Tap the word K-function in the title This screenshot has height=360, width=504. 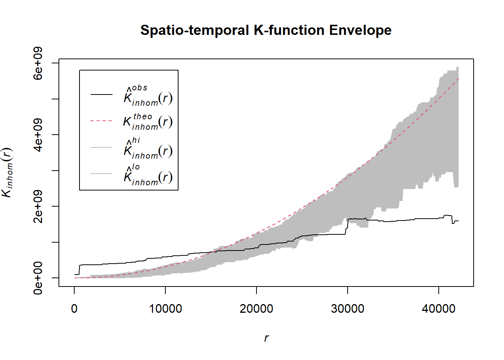pos(289,30)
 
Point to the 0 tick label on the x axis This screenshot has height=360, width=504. pos(74,309)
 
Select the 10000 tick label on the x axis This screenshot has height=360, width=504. pos(165,309)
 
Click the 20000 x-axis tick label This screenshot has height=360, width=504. pos(256,309)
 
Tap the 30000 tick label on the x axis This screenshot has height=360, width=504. pos(348,309)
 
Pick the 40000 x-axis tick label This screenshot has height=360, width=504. pos(438,309)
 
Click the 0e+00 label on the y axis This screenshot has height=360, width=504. pos(38,278)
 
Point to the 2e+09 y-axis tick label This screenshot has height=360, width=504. pos(38,206)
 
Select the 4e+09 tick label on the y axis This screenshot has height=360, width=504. pos(38,135)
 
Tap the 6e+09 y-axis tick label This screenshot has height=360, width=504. pos(38,63)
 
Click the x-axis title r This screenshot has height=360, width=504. pos(266,338)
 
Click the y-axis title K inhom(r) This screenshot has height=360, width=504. pos(7,172)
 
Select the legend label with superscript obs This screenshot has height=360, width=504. pos(148,96)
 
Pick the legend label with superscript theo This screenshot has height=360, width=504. pos(148,121)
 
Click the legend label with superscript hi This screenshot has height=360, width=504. pos(148,148)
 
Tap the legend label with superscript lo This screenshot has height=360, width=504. pos(148,175)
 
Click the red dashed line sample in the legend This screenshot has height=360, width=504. pos(101,121)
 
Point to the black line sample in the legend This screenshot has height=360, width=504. pos(101,94)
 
